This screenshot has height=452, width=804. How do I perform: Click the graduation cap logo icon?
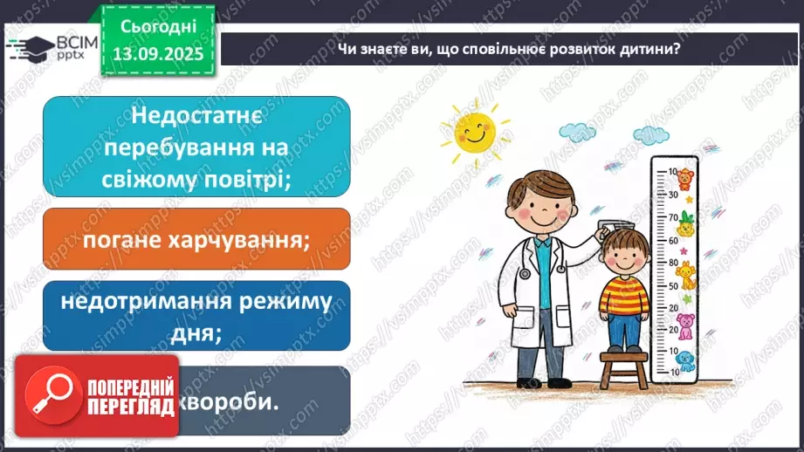click(26, 47)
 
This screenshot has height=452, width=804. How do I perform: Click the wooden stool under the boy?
click(624, 366)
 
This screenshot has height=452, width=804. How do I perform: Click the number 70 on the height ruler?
click(674, 217)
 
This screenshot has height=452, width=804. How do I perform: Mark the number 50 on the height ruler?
click(673, 285)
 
